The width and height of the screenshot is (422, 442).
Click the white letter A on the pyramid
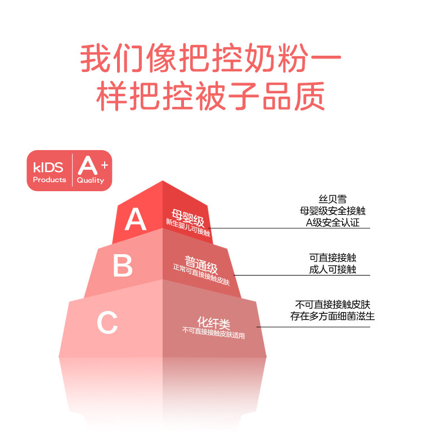135,219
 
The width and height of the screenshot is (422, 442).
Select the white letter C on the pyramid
107,322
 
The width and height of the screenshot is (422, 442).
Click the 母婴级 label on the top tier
188,217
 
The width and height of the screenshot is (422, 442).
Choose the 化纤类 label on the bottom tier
213,324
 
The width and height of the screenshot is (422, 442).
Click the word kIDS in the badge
49,166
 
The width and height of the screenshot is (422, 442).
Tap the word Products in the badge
50,180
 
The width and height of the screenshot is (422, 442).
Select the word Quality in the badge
91,181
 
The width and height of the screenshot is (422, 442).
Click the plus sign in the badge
105,161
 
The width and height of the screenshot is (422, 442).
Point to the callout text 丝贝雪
332,199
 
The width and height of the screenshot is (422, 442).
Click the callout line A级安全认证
332,223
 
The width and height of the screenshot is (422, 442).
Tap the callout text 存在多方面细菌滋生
333,317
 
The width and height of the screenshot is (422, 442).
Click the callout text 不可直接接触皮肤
333,304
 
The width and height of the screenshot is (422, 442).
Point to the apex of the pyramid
163,182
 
